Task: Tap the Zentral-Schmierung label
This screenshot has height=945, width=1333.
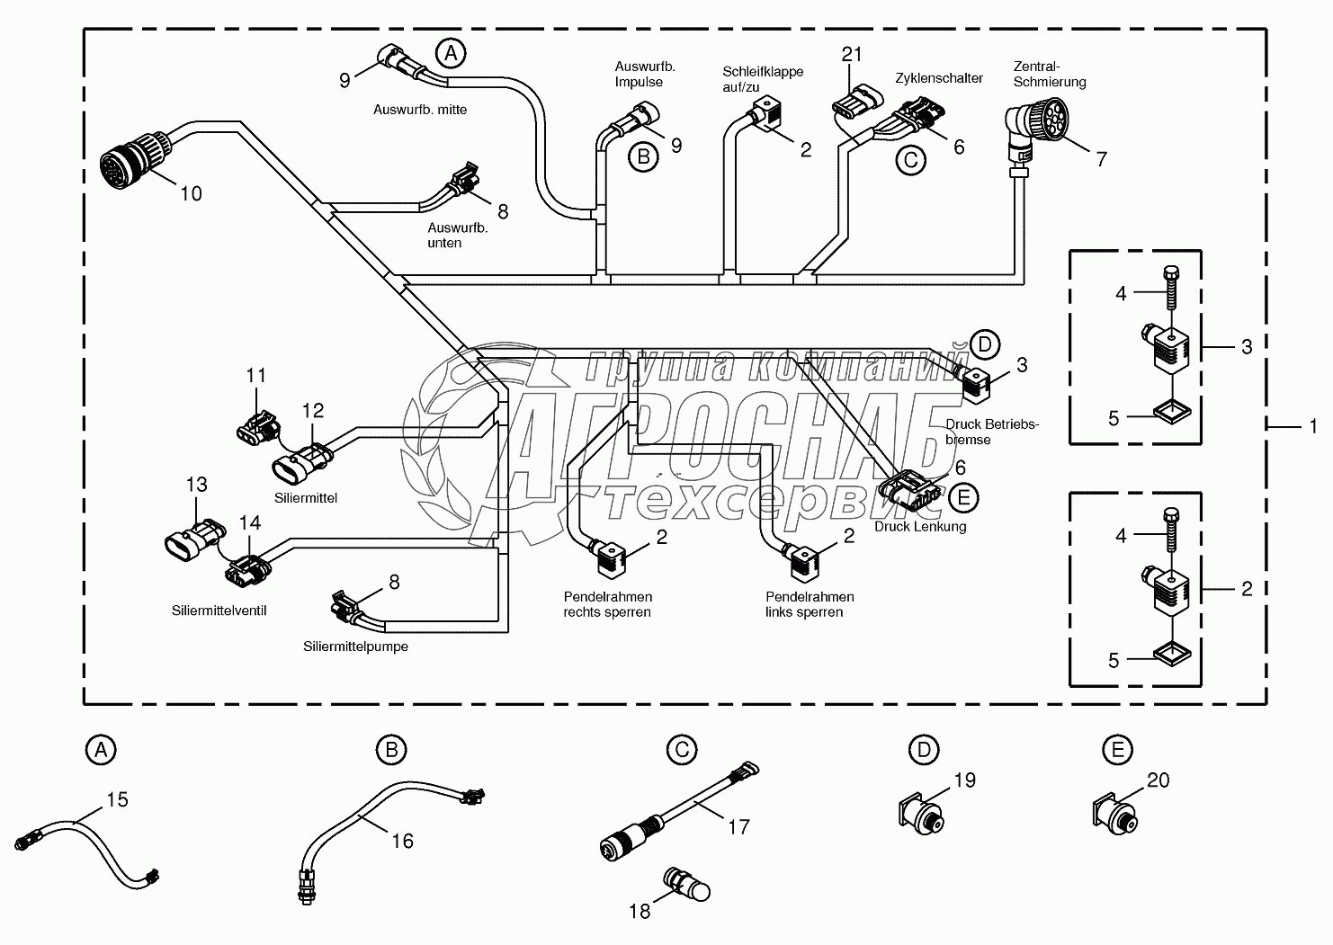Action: (1049, 74)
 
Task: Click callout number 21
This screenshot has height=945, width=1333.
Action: (852, 54)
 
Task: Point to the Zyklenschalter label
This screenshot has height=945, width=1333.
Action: (938, 78)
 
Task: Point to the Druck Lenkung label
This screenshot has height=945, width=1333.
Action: (920, 526)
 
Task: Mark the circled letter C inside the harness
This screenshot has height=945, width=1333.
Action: (910, 159)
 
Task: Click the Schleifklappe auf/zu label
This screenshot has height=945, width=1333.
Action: (763, 79)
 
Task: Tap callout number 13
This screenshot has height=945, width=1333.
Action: (196, 485)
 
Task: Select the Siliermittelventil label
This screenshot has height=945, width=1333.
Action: (219, 610)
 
